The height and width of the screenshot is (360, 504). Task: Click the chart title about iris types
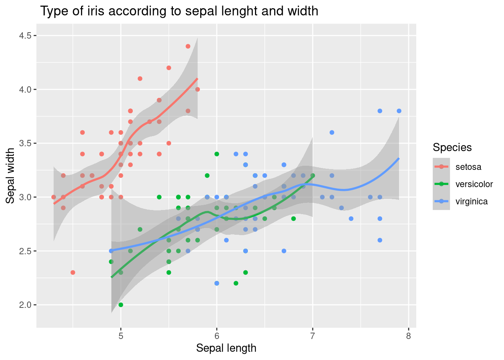pyautogui.click(x=179, y=11)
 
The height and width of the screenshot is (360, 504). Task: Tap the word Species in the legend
pyautogui.click(x=452, y=147)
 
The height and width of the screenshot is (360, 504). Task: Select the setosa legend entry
pyautogui.click(x=468, y=167)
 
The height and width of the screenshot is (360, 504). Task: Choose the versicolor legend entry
pyautogui.click(x=474, y=184)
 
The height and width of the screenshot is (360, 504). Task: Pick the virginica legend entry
pyautogui.click(x=471, y=201)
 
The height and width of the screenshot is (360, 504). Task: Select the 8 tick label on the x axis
pyautogui.click(x=408, y=336)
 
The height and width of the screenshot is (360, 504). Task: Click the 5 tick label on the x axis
pyautogui.click(x=121, y=336)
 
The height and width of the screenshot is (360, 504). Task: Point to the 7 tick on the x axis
pyautogui.click(x=313, y=336)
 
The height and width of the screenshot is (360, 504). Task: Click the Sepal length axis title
pyautogui.click(x=226, y=348)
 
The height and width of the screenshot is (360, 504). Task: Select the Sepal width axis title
pyautogui.click(x=10, y=176)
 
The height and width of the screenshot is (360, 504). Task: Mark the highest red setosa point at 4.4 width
pyautogui.click(x=188, y=46)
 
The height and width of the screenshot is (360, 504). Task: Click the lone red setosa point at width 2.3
pyautogui.click(x=73, y=272)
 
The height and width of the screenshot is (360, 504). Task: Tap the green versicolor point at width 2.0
pyautogui.click(x=121, y=305)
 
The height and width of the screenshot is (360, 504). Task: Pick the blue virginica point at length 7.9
pyautogui.click(x=399, y=111)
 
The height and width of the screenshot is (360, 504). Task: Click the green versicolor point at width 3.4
pyautogui.click(x=217, y=154)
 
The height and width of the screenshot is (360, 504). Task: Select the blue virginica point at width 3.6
pyautogui.click(x=332, y=132)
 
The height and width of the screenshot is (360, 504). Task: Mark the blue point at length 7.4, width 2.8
pyautogui.click(x=351, y=219)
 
